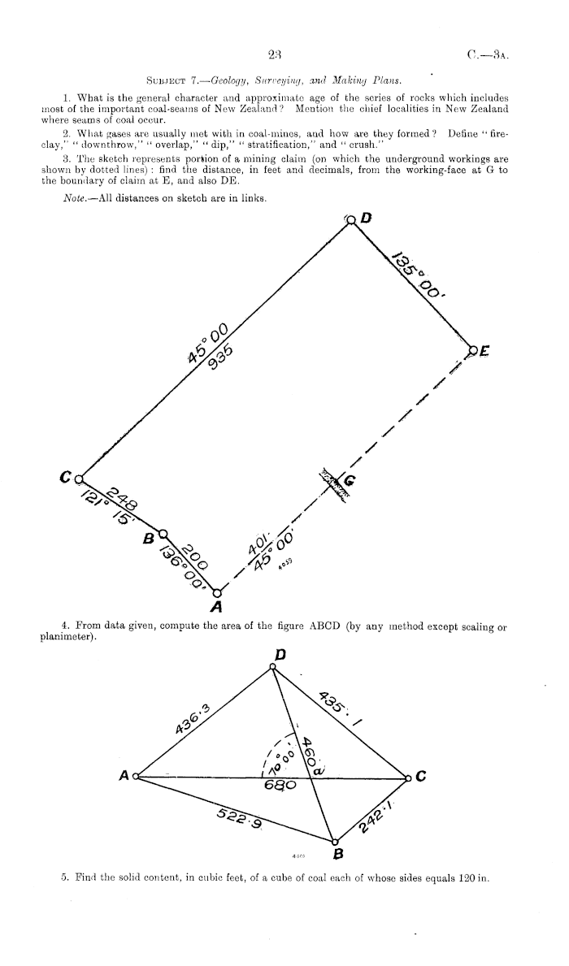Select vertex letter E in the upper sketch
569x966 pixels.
coord(485,351)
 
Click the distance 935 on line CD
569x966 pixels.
coord(220,357)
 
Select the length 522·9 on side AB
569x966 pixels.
coord(240,820)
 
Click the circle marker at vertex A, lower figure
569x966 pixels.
coord(136,778)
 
